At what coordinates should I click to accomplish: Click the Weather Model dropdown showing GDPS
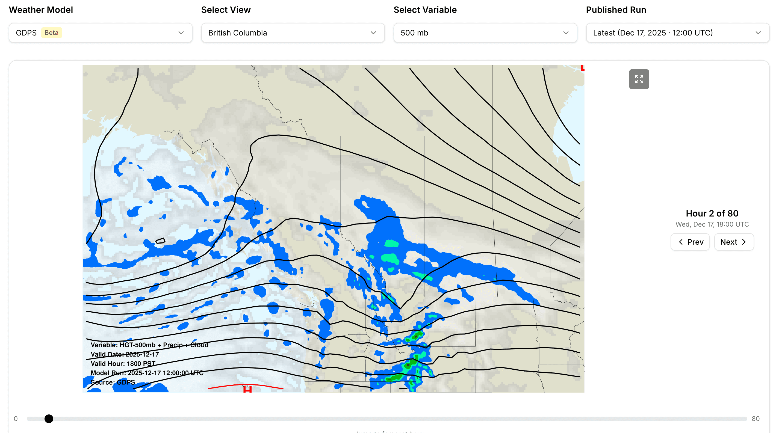[100, 33]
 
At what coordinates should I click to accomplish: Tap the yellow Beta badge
[51, 33]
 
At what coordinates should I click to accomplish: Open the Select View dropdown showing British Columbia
[293, 33]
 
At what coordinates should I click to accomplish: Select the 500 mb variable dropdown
[485, 33]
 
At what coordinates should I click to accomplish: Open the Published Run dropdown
[677, 33]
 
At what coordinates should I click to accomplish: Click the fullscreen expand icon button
[639, 79]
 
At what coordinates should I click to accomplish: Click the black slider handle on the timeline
[49, 419]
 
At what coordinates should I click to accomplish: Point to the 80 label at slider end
[756, 419]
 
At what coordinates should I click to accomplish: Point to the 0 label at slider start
[16, 419]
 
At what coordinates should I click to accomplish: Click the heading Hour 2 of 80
[712, 213]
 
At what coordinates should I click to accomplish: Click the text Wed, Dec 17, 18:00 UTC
[712, 224]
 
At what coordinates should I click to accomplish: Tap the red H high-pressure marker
[247, 389]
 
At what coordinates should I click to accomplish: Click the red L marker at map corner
[582, 68]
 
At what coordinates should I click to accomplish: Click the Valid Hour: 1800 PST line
[123, 364]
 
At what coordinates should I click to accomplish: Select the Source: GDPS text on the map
[113, 382]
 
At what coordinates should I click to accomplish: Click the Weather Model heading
[41, 10]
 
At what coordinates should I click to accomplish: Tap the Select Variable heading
[425, 10]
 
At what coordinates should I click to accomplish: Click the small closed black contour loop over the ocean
[160, 241]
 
